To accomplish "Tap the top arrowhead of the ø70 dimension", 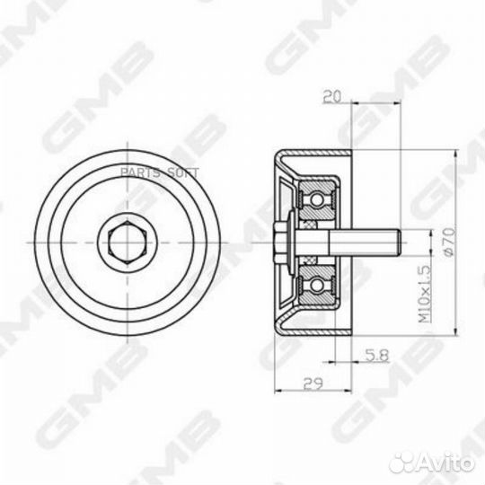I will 458,154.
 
